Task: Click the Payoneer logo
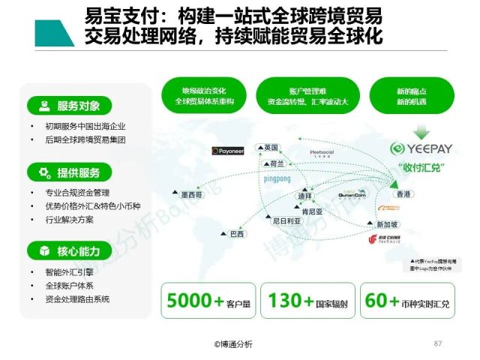227,151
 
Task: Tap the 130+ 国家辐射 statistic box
307,301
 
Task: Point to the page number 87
439,343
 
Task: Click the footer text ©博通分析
233,344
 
